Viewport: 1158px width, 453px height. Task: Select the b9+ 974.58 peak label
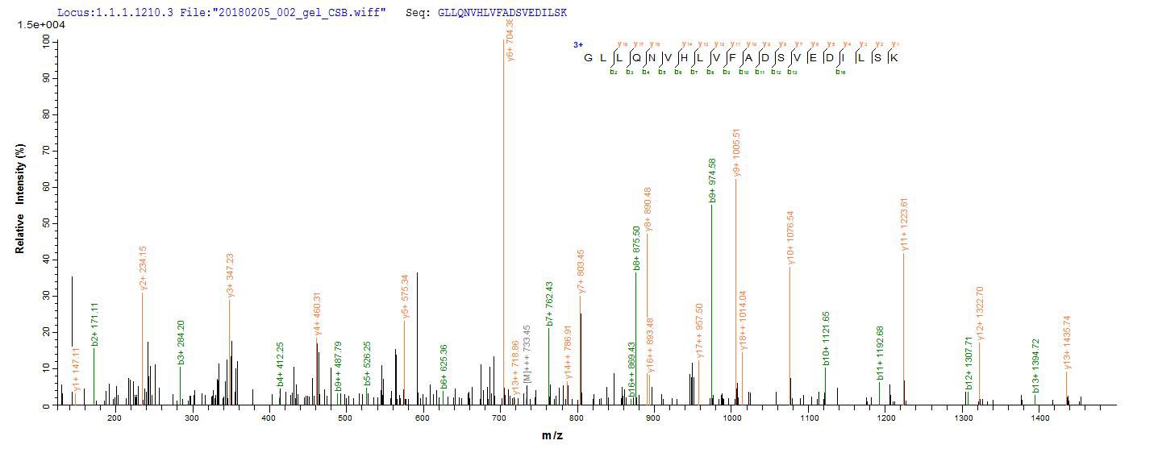click(x=712, y=181)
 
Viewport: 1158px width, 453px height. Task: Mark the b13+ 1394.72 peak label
click(x=1035, y=365)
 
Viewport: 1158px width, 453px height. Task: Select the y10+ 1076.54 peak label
click(x=790, y=238)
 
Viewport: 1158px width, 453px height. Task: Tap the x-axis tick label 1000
click(x=731, y=418)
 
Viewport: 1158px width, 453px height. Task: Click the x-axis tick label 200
click(x=114, y=418)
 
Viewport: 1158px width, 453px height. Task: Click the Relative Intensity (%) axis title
click(x=19, y=199)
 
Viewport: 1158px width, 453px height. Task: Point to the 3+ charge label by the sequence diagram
click(x=577, y=45)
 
